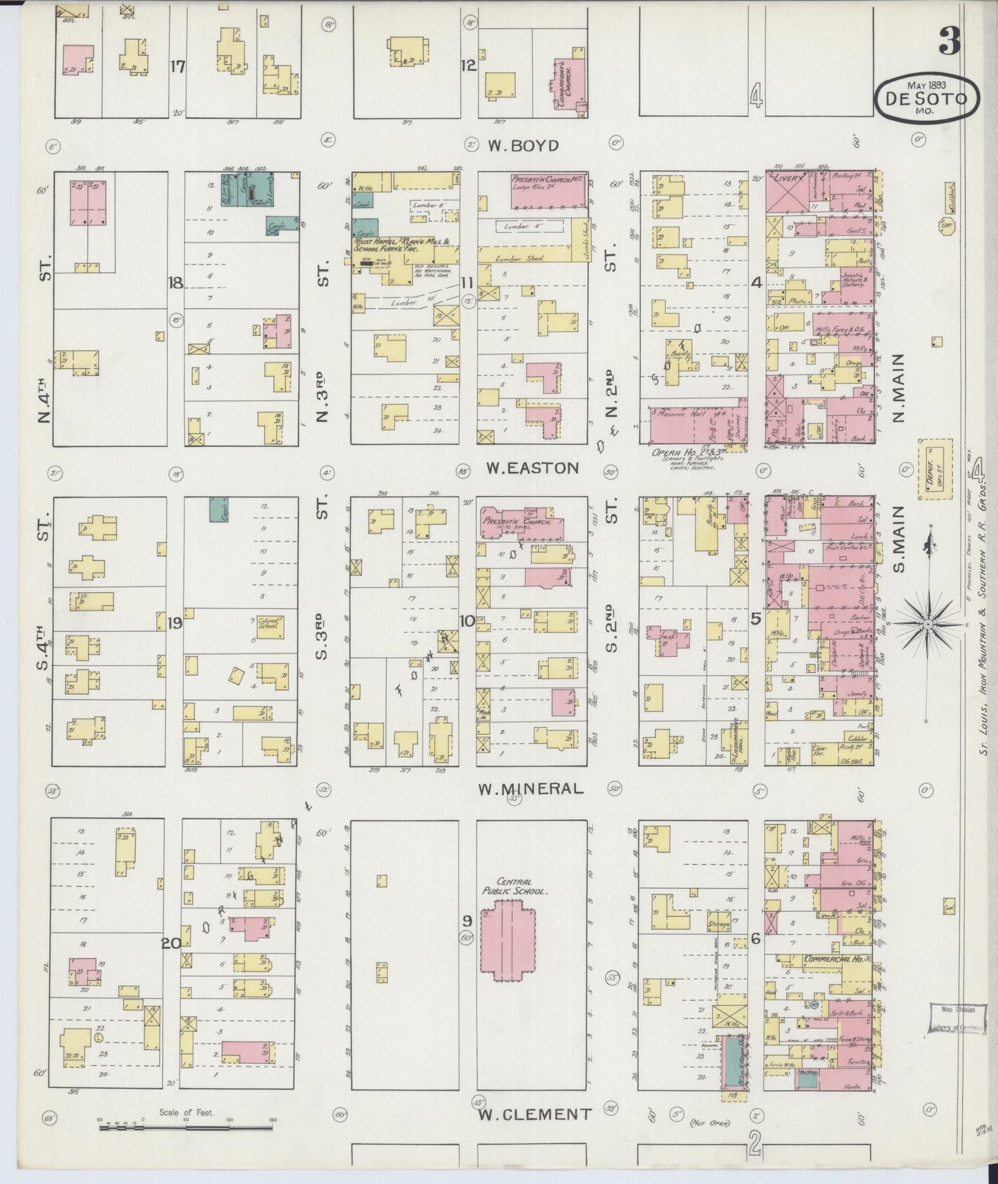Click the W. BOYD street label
coord(522,146)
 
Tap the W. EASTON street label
coord(531,468)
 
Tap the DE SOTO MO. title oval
coord(927,98)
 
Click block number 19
coord(174,623)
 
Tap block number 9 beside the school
coord(467,920)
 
